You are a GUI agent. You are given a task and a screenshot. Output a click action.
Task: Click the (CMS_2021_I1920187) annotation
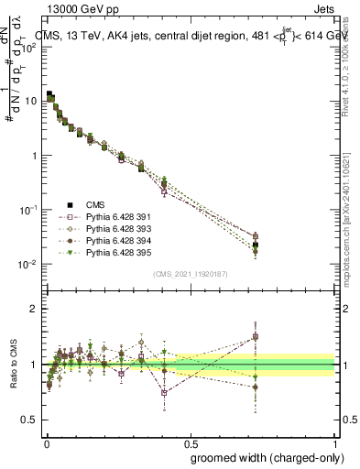pos(190,273)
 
